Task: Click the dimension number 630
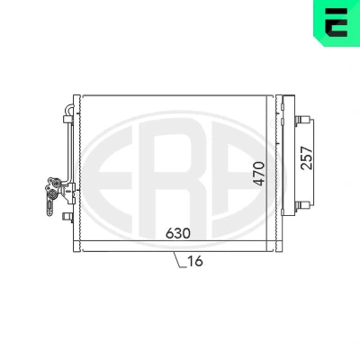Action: point(178,233)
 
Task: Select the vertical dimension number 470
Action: point(258,174)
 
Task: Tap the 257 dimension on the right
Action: point(307,158)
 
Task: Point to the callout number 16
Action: point(195,261)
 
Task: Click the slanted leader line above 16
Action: point(178,259)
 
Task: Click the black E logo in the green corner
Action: point(336,22)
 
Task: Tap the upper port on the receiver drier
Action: point(302,121)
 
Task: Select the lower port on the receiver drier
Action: point(302,205)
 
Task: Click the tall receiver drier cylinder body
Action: point(289,156)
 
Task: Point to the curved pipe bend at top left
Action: point(69,109)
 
